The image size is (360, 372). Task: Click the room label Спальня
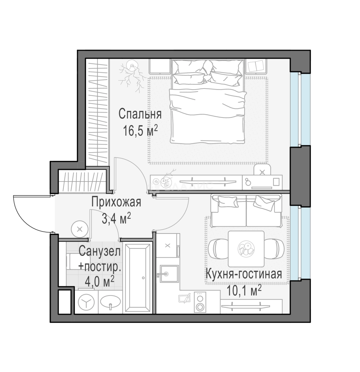click(x=140, y=114)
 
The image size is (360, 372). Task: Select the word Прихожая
click(x=116, y=203)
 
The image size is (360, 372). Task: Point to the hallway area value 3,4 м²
click(x=116, y=218)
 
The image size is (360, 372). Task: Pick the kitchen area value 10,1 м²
click(x=244, y=290)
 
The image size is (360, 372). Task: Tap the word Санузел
click(x=100, y=251)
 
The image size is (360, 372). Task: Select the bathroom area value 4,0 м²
click(x=100, y=282)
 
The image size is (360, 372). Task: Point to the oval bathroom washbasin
click(x=110, y=302)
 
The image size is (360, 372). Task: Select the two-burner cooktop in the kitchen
click(x=200, y=302)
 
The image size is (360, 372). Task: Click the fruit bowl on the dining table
click(x=246, y=249)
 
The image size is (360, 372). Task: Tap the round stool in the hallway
click(x=80, y=229)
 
